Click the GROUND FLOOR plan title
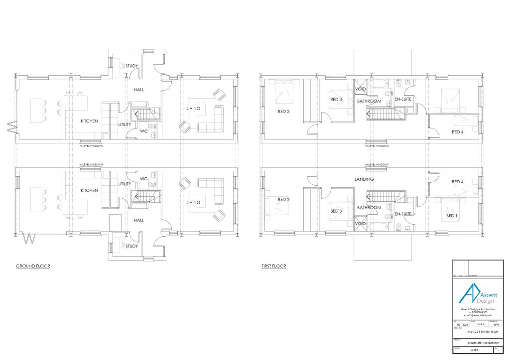33,266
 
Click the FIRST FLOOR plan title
274,266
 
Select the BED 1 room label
451,216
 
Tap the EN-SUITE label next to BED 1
402,214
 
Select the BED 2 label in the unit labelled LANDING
283,199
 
